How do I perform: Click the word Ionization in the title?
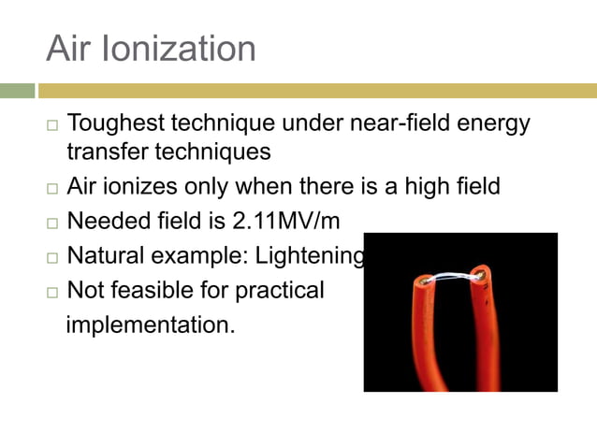178,48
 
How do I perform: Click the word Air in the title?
69,48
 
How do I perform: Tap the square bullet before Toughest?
51,125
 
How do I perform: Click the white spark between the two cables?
454,274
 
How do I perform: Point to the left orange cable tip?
426,280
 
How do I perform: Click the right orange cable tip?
483,274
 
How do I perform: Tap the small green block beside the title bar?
17,91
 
